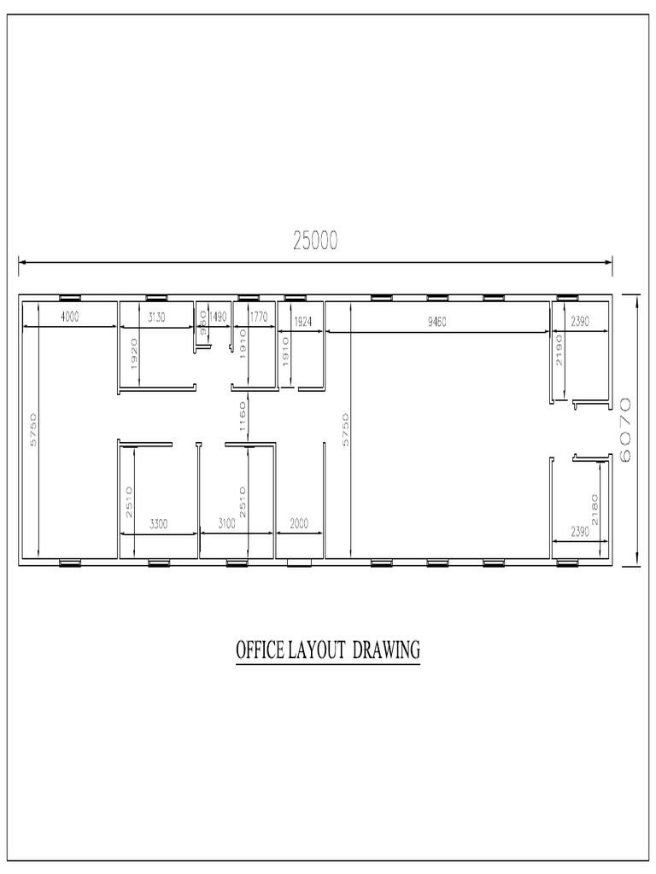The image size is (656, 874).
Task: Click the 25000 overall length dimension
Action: (x=315, y=242)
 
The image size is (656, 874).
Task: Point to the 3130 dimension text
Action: (x=155, y=318)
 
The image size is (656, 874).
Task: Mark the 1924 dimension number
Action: (x=302, y=322)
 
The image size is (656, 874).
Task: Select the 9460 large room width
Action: (x=437, y=322)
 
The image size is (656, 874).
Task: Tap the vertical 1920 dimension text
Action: (x=132, y=351)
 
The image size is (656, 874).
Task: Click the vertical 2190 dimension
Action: (x=560, y=351)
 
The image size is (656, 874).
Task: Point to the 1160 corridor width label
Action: (x=243, y=416)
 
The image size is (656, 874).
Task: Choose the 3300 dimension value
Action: (x=158, y=523)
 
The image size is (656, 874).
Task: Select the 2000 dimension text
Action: (x=299, y=523)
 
